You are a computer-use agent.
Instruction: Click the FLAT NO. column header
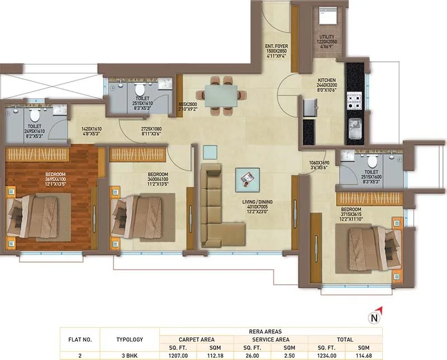tap(80, 339)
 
